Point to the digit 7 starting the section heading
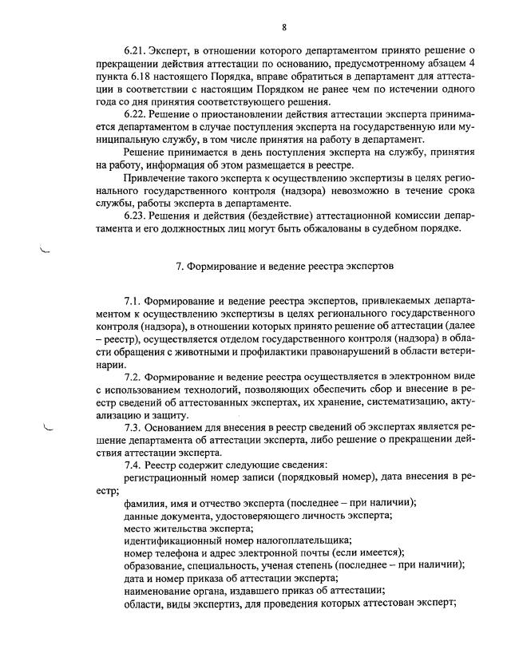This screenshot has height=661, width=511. [x=178, y=264]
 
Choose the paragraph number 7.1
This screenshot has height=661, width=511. [x=133, y=301]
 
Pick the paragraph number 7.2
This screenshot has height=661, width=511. [x=133, y=375]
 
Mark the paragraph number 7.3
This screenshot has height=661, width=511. [x=133, y=427]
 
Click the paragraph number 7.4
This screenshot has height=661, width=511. [x=133, y=465]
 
